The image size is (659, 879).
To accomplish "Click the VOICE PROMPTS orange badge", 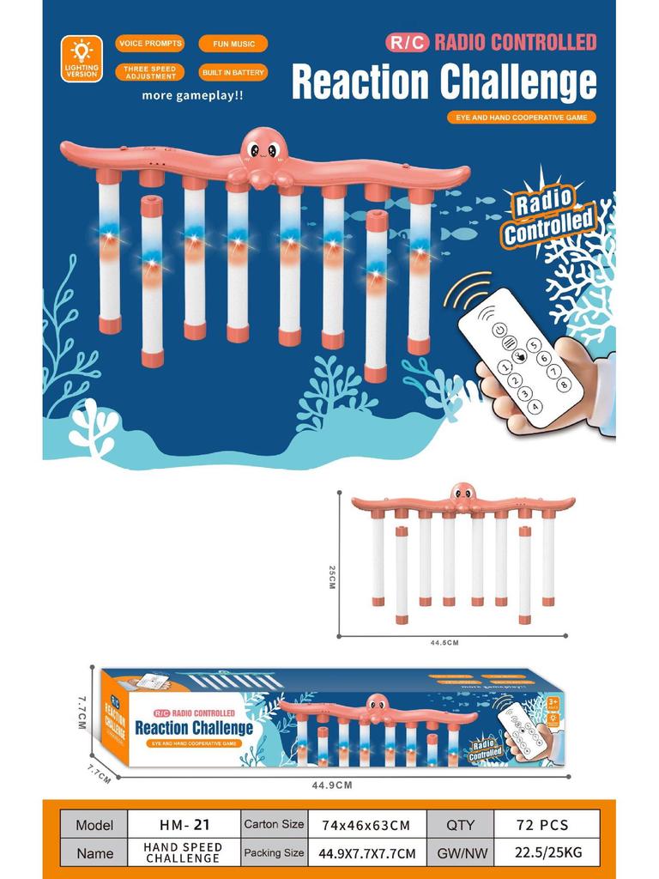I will click(150, 44).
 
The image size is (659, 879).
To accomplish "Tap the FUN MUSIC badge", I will click(233, 44).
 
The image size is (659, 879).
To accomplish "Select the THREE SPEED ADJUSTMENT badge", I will click(150, 72).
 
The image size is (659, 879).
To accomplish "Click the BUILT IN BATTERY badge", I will click(233, 72).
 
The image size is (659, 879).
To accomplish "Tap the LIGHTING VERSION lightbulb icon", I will click(82, 51).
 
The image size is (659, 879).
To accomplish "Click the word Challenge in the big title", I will click(518, 82).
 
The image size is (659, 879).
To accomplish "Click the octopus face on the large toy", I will click(263, 149).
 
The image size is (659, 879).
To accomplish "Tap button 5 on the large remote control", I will click(534, 345).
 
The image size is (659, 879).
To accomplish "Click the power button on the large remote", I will click(499, 329).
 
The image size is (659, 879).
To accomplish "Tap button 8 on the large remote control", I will click(563, 384).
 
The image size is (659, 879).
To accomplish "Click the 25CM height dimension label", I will click(332, 576).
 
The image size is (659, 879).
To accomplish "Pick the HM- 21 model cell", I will click(184, 825).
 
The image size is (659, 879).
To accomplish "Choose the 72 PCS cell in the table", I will click(542, 825).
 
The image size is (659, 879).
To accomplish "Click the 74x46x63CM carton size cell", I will click(366, 825).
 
